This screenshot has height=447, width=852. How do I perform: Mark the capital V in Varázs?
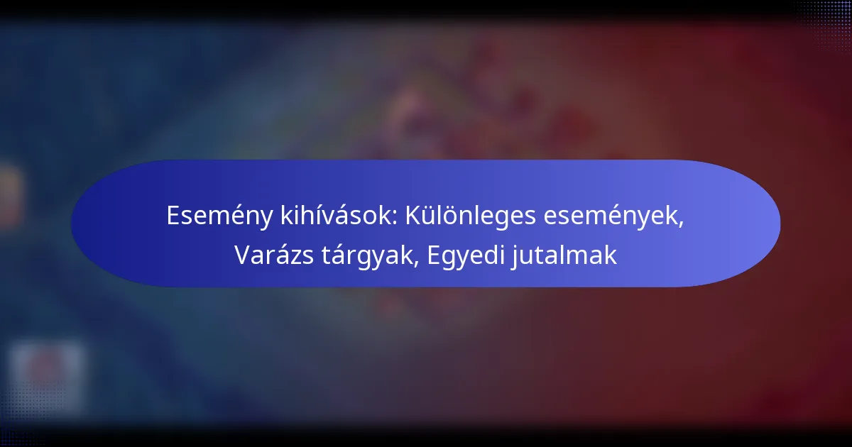pos(242,255)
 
